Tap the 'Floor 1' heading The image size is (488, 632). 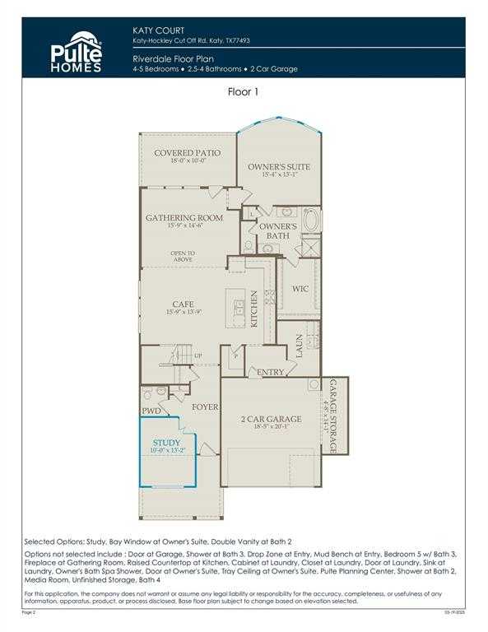pos(244,92)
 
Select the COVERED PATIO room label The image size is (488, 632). pos(187,153)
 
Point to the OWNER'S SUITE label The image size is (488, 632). pos(279,168)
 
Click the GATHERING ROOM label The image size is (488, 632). pos(184,218)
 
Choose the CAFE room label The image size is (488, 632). pos(183,304)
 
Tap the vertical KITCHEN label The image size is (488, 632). pos(254,309)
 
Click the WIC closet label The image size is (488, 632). pos(300,290)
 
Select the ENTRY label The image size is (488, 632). pos(272,372)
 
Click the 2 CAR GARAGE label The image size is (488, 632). pos(271,419)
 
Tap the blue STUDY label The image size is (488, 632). pos(167,443)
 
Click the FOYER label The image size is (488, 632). pos(205,407)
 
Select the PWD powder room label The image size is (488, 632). pos(151,410)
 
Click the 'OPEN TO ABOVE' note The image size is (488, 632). pos(183,257)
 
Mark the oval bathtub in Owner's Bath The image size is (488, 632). pos(312,221)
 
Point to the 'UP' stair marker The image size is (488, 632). pos(198,356)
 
